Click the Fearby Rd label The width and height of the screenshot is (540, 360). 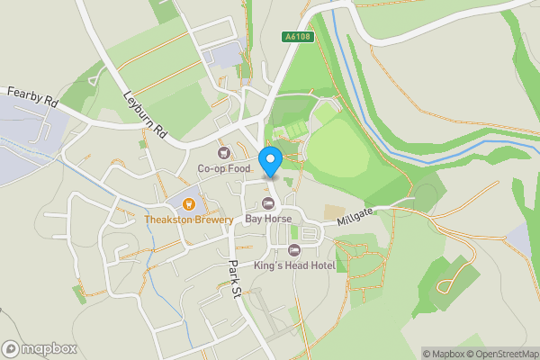(31, 97)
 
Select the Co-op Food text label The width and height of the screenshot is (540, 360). (224, 168)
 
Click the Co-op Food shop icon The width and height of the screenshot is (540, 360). (224, 152)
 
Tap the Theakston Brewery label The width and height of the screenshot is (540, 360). (189, 219)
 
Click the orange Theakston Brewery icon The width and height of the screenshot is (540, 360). (189, 202)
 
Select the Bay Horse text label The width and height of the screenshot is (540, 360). (267, 219)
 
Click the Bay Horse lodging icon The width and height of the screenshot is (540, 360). (267, 202)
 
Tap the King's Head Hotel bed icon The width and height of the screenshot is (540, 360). (292, 249)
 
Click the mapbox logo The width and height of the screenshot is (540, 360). (40, 348)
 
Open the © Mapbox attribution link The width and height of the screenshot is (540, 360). (444, 354)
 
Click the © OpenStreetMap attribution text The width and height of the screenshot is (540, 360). (502, 354)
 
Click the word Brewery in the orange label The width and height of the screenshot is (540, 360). (211, 219)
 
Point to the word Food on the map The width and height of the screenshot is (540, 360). (238, 168)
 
